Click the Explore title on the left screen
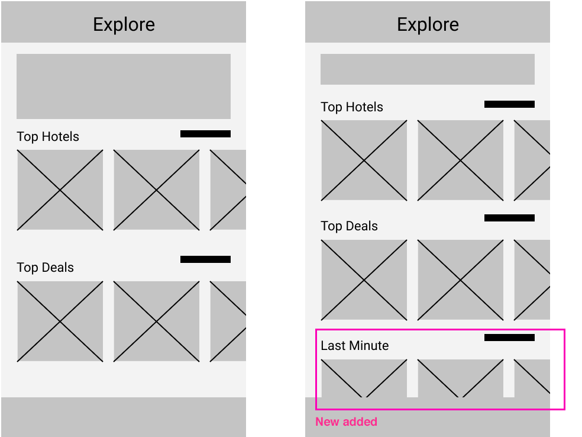[124, 24]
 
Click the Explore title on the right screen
[428, 24]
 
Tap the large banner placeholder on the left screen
[124, 86]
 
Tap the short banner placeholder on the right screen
[428, 69]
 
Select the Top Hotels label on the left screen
[48, 137]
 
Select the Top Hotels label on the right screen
[352, 107]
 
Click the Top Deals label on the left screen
[46, 268]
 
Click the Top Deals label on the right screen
[350, 226]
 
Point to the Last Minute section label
[354, 346]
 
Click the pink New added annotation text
[347, 422]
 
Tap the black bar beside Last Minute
[509, 338]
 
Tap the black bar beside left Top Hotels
[205, 134]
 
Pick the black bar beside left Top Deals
[205, 259]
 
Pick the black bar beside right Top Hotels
[509, 104]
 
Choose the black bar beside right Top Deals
[509, 218]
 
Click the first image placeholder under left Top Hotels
[60, 190]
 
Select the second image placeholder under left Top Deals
[156, 322]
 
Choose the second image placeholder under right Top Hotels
[460, 160]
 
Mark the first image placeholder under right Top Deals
[364, 280]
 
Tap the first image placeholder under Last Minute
[364, 378]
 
